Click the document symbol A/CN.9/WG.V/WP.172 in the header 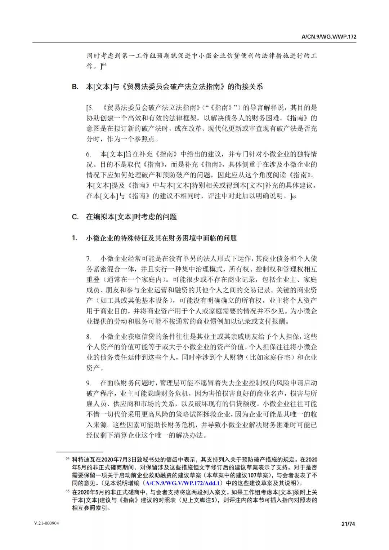coord(329,37)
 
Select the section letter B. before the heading coord(75,87)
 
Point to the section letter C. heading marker coord(75,217)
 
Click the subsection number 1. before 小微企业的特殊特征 coord(74,238)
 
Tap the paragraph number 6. coord(88,155)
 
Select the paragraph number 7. coord(88,259)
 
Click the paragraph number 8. coord(88,337)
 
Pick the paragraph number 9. coord(88,383)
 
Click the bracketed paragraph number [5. coord(90,108)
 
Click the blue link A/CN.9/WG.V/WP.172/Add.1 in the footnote coord(182,483)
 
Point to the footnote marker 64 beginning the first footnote coord(67,459)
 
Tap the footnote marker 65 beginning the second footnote coord(67,491)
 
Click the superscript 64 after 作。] coord(104,65)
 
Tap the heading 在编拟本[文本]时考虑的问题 coord(131,217)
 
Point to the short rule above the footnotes coord(80,452)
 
